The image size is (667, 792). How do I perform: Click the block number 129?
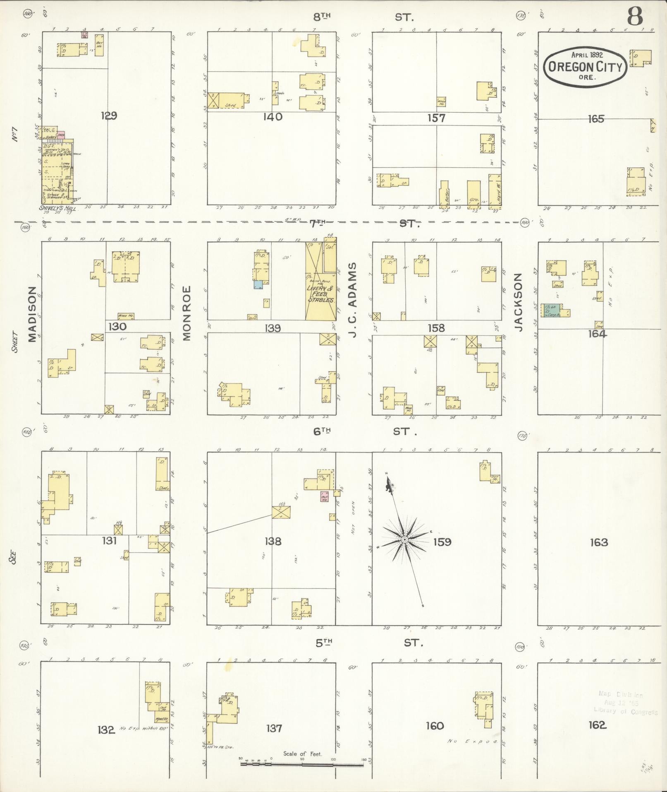[x=109, y=116]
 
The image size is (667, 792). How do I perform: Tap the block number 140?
[x=273, y=117]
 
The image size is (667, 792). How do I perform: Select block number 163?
[x=599, y=542]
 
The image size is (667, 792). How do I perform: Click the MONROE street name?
[x=186, y=313]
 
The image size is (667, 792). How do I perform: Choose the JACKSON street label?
[x=519, y=302]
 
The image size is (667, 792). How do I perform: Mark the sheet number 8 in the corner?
[x=635, y=17]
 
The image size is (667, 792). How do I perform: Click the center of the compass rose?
[x=404, y=540]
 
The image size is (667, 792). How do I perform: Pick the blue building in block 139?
[x=258, y=284]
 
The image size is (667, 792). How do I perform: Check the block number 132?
[x=106, y=729]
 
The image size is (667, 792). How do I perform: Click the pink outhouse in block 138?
[x=324, y=496]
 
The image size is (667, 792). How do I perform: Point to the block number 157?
[x=436, y=118]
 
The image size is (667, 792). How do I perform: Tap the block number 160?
[x=435, y=725]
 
